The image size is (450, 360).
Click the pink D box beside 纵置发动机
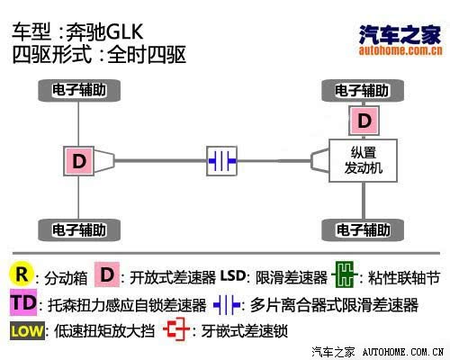point(364,121)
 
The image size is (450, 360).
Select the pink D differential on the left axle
point(79,161)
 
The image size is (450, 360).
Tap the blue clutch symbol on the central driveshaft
point(222,161)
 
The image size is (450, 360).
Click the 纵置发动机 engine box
point(364,160)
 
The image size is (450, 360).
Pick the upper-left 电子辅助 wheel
point(79,90)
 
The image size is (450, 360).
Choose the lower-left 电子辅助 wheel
point(79,230)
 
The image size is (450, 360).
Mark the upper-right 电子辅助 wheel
point(363,91)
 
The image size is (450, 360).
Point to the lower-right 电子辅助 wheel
point(363,230)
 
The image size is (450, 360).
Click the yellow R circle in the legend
point(22,274)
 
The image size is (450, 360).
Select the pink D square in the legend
point(107,274)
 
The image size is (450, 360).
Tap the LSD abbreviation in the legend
point(233,275)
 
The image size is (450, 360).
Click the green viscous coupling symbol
point(345,274)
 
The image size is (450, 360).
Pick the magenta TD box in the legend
point(23,302)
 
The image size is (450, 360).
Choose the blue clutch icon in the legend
point(227,305)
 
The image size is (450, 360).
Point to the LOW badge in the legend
point(27,331)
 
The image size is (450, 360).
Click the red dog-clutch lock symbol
point(176,329)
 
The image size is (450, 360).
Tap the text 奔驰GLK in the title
point(104,32)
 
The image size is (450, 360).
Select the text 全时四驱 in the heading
point(147,55)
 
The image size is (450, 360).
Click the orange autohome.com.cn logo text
point(400,50)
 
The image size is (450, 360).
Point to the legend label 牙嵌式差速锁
point(245,331)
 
